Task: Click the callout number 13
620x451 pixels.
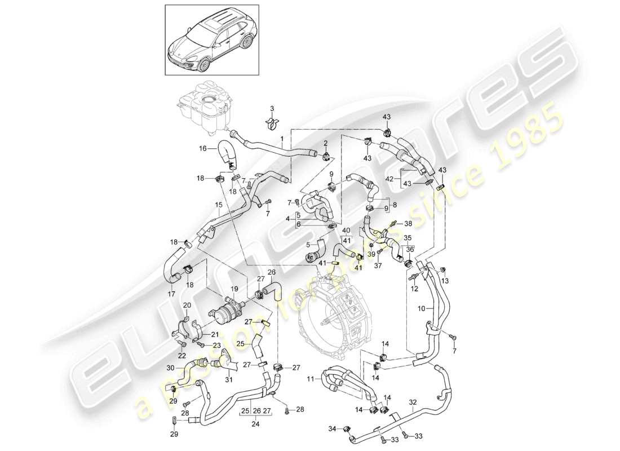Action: click(445, 281)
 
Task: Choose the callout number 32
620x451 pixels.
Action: click(414, 402)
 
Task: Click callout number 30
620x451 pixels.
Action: click(171, 368)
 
